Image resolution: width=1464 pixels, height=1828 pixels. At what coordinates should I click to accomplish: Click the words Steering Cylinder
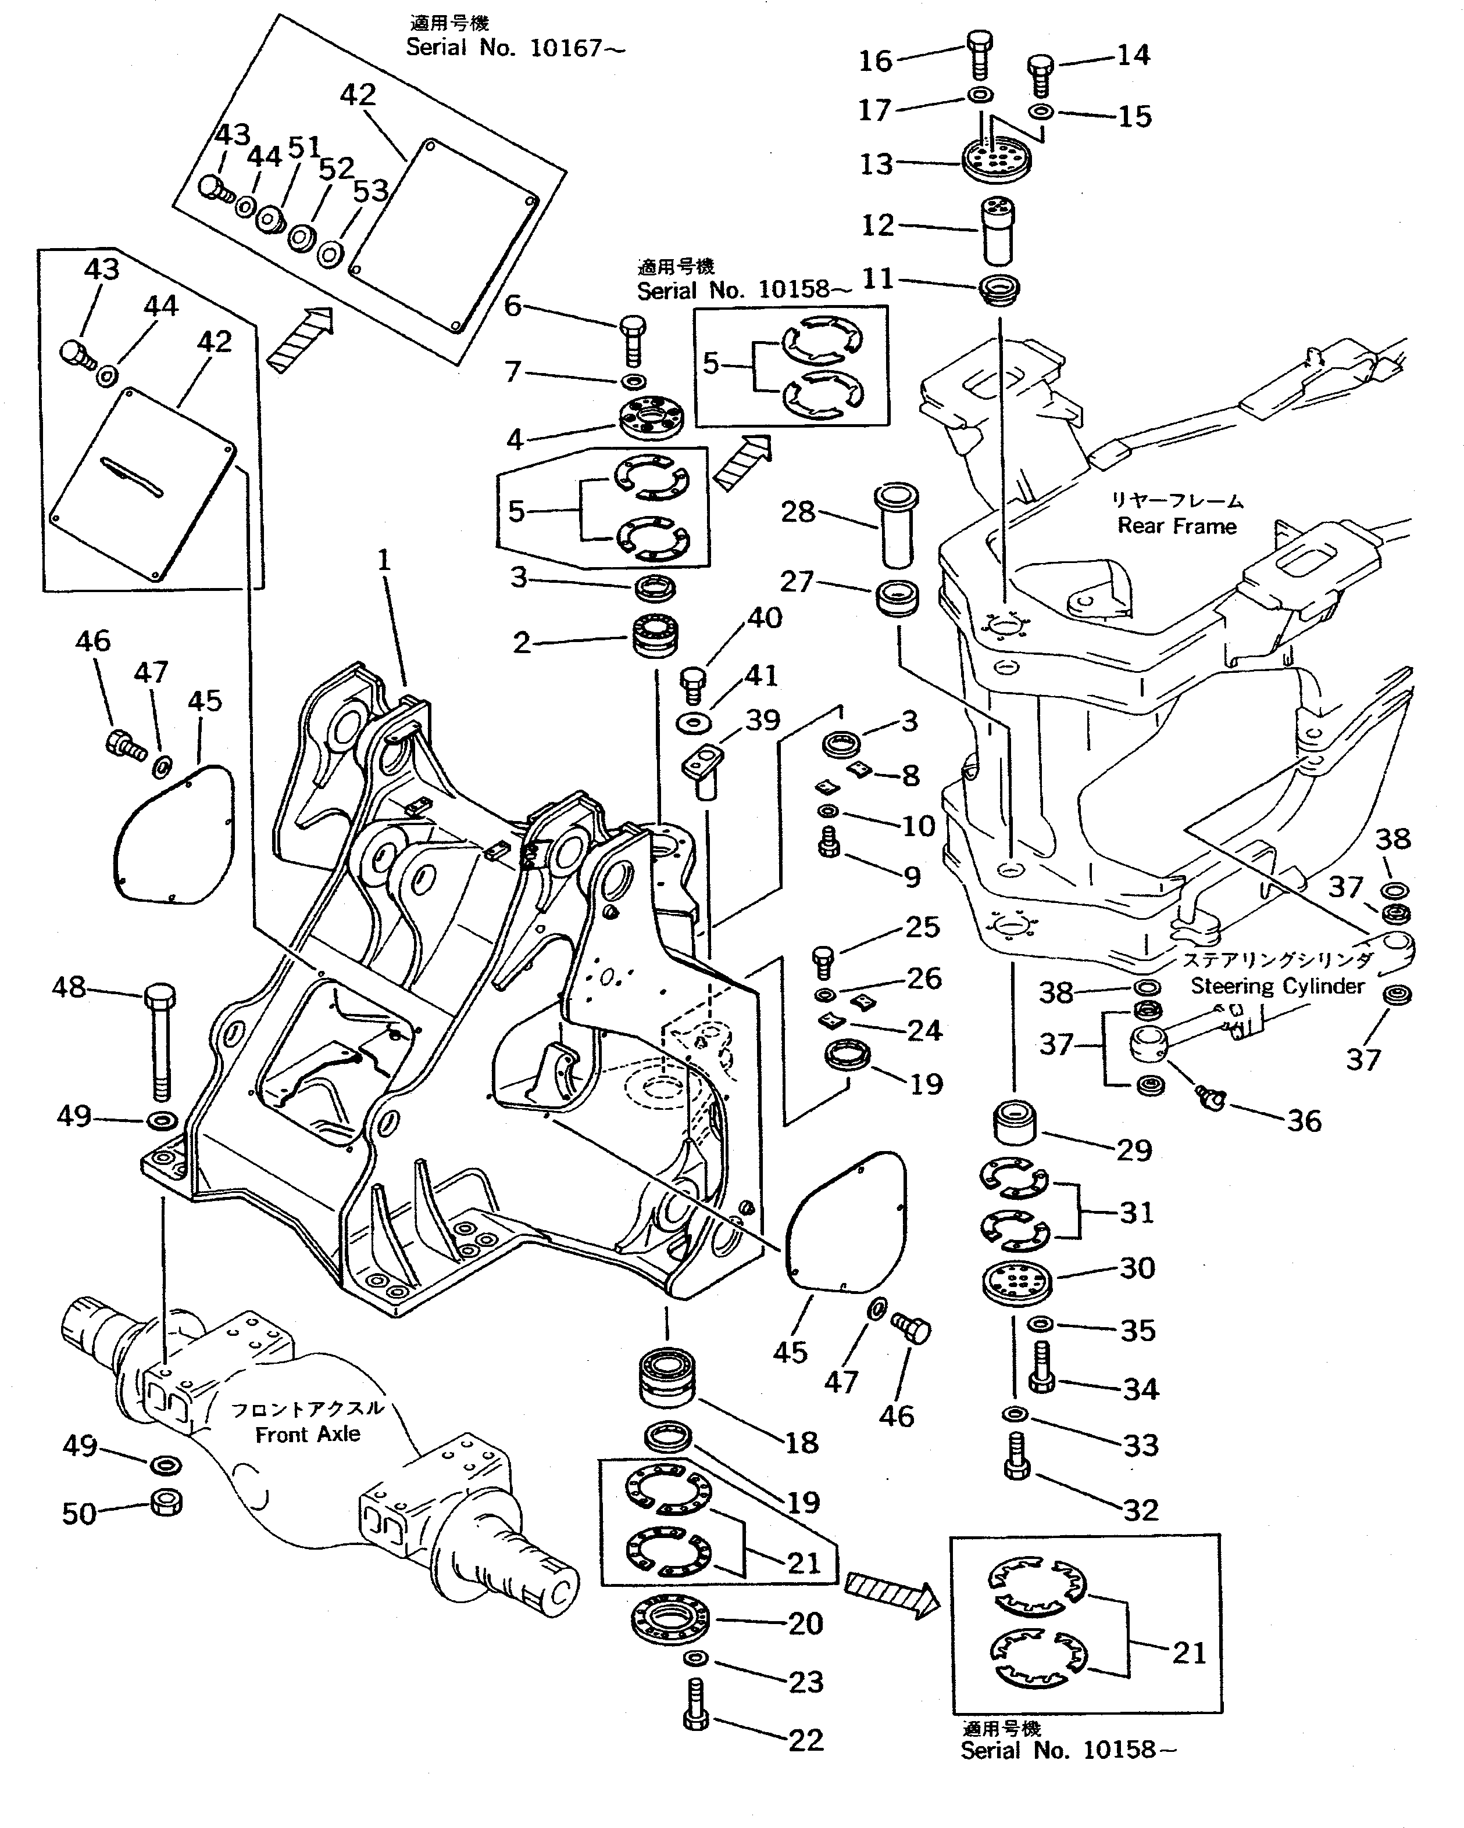click(x=1277, y=986)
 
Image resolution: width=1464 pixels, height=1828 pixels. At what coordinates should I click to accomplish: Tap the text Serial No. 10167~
click(x=515, y=48)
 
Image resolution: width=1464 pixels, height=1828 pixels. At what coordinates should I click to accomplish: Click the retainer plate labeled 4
click(x=651, y=418)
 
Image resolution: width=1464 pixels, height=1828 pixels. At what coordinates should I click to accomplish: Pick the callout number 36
click(x=1304, y=1121)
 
